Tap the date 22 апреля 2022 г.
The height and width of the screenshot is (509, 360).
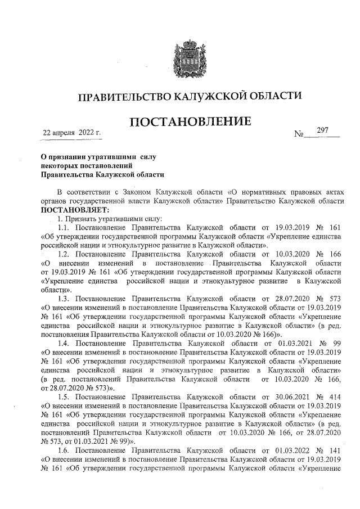[x=72, y=133]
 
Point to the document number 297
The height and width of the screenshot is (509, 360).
[x=322, y=130]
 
